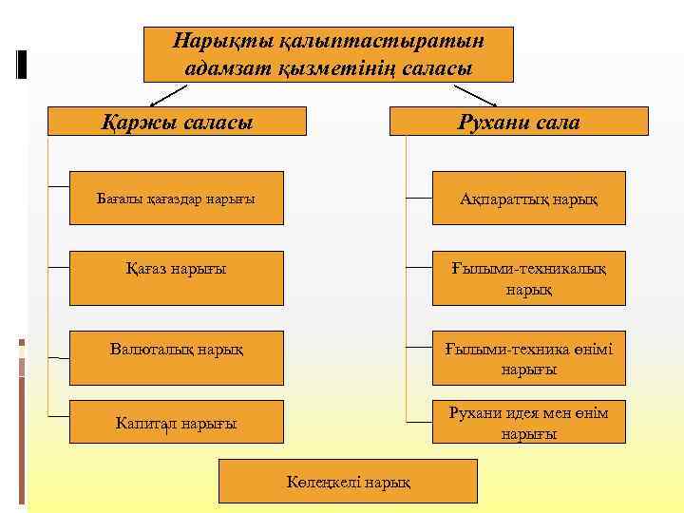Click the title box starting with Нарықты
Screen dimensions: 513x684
point(328,54)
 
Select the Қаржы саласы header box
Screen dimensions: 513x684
point(178,121)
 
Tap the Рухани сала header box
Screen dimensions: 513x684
point(519,121)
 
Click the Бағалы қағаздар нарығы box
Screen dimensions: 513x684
point(177,198)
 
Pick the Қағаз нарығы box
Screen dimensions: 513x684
point(177,277)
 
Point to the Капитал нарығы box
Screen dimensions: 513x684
point(177,422)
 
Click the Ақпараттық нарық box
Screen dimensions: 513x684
point(529,198)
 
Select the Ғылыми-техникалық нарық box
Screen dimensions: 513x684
point(529,277)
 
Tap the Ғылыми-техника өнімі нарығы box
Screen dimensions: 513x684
point(529,358)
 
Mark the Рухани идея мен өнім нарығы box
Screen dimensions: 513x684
point(529,422)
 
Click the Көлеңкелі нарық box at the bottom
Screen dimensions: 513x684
point(349,481)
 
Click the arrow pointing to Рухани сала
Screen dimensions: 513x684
point(476,95)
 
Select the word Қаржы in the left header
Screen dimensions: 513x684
point(134,122)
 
